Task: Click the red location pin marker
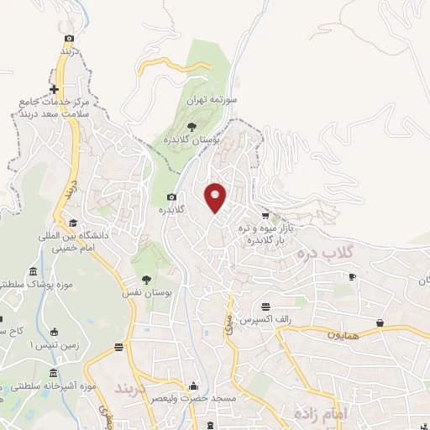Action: [217, 197]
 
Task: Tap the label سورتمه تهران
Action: [238, 99]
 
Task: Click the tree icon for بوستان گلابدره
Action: [192, 127]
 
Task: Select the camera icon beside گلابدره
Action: [170, 197]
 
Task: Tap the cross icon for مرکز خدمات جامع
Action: [55, 90]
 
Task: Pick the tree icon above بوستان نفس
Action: [146, 281]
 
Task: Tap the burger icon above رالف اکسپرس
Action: [266, 307]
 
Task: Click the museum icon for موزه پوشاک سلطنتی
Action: [33, 273]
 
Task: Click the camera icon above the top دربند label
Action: [69, 38]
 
